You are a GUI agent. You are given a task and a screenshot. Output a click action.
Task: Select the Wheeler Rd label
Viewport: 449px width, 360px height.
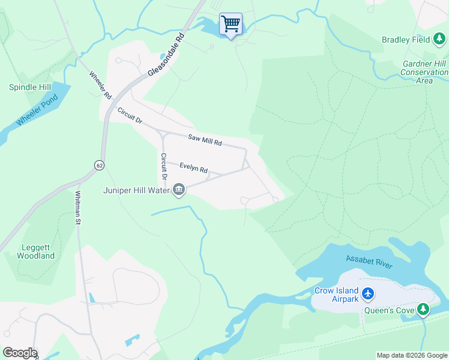pyautogui.click(x=100, y=85)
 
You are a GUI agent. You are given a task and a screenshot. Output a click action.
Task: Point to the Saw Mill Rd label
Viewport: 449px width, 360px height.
pyautogui.click(x=205, y=140)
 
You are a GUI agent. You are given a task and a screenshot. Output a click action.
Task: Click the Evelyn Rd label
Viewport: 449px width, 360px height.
pyautogui.click(x=193, y=169)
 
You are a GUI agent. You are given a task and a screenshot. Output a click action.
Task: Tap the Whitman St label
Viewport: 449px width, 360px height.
pyautogui.click(x=77, y=208)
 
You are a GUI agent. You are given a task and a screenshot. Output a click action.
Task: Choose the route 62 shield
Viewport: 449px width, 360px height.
pyautogui.click(x=98, y=164)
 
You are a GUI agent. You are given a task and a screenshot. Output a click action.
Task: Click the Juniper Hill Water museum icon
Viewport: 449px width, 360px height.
pyautogui.click(x=179, y=190)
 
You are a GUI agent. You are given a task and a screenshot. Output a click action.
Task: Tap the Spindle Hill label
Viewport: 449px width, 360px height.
pyautogui.click(x=30, y=87)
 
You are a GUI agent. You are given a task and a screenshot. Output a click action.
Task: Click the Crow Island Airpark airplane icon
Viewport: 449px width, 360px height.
pyautogui.click(x=368, y=294)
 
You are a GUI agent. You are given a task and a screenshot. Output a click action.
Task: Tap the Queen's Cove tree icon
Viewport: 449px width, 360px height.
pyautogui.click(x=424, y=309)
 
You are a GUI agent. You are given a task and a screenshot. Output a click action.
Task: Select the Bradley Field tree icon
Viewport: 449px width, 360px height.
pyautogui.click(x=440, y=40)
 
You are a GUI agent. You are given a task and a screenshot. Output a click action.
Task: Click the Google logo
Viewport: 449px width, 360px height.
pyautogui.click(x=19, y=353)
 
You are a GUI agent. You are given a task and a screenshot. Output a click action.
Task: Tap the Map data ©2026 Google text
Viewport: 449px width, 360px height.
pyautogui.click(x=412, y=355)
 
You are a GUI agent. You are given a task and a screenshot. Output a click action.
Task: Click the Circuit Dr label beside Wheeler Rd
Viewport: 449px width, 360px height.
pyautogui.click(x=130, y=116)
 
